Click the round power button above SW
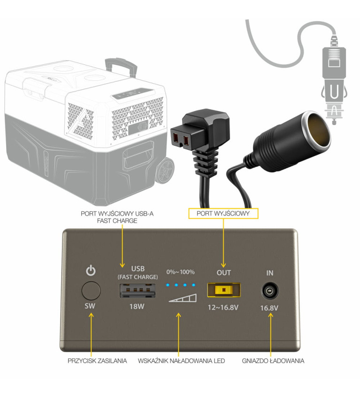91,291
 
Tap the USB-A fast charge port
138,290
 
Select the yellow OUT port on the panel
224,290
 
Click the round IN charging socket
269,292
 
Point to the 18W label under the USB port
138,307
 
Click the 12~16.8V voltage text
224,307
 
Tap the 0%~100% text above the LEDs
180,272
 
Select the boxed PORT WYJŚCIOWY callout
223,214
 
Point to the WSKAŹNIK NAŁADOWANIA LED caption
181,361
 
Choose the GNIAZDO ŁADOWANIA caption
273,361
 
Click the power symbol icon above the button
91,271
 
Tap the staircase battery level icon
183,297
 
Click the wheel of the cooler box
165,171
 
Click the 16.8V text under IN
269,308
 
